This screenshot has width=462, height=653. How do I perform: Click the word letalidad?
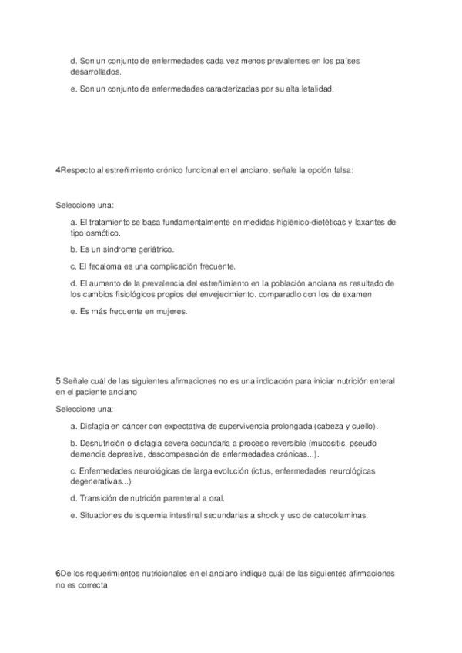(x=316, y=89)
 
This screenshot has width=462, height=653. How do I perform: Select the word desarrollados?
(x=93, y=71)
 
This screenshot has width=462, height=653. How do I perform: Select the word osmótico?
(x=102, y=233)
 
